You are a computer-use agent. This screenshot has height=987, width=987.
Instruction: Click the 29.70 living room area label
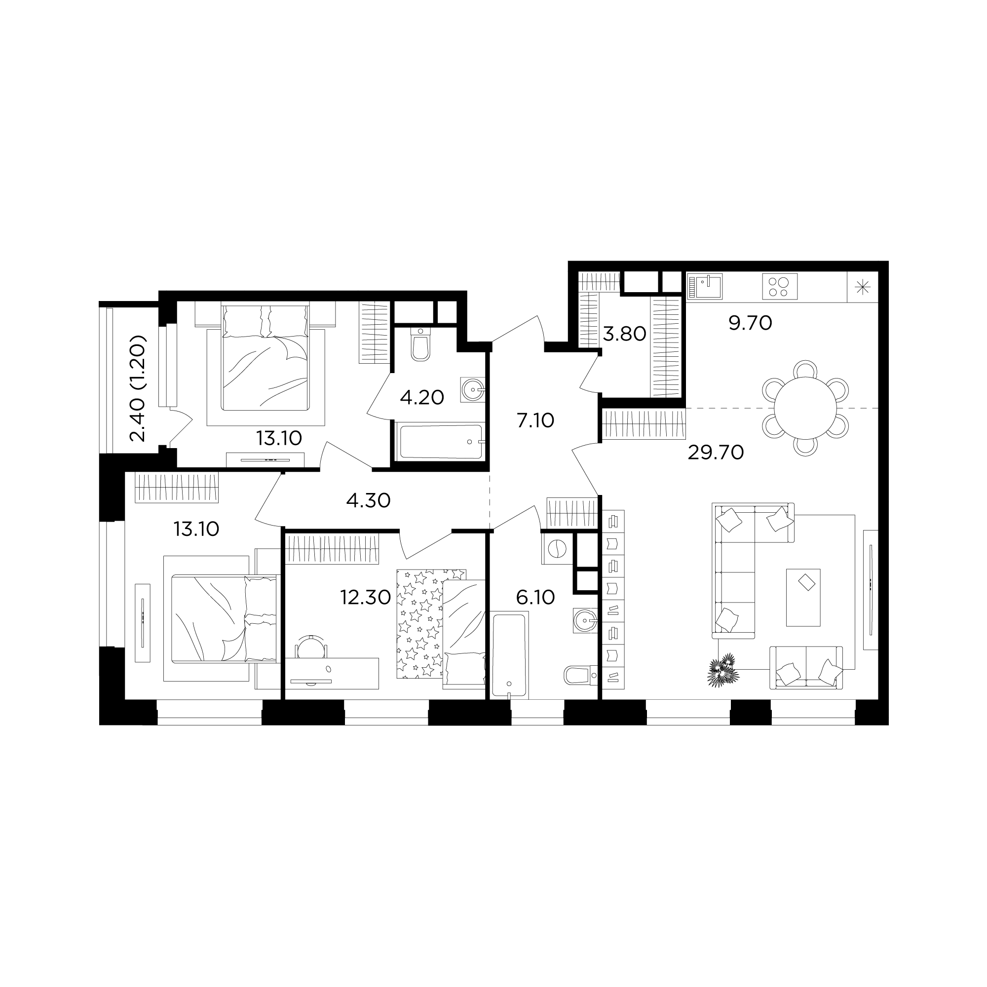[715, 453]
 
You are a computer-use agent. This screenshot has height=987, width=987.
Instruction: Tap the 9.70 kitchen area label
[750, 323]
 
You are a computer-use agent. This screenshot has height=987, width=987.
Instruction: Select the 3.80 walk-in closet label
[624, 334]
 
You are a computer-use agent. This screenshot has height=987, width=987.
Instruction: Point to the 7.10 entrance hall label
[535, 420]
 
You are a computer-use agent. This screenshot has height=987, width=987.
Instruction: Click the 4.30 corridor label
[368, 500]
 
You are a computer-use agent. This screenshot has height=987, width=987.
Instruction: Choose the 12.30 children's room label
[366, 597]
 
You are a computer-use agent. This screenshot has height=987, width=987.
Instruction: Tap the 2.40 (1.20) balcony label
[138, 389]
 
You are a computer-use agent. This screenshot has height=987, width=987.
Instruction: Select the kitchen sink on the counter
[705, 287]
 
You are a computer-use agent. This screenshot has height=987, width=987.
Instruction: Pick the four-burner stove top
[780, 287]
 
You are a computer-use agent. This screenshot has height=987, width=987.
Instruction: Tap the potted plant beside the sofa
[723, 669]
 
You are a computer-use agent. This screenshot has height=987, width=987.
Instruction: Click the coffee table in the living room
[803, 598]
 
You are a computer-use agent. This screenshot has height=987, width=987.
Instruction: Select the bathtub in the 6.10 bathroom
[509, 655]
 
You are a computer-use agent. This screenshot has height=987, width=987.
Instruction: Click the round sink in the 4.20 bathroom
[472, 390]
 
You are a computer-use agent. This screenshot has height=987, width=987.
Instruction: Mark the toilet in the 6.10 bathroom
[581, 675]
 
